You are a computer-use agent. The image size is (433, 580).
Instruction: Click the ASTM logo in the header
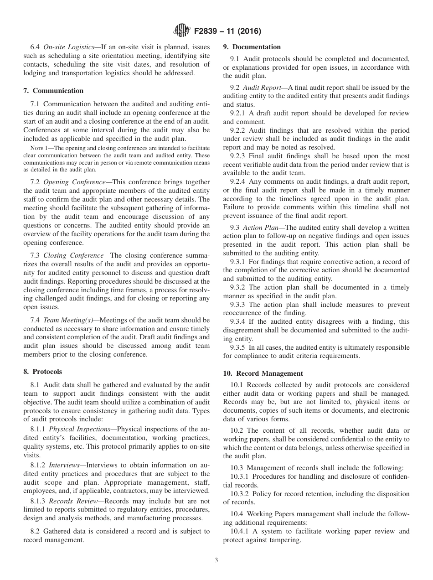pyautogui.click(x=182, y=31)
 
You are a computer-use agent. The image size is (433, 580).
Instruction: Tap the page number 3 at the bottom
pyautogui.click(x=216, y=560)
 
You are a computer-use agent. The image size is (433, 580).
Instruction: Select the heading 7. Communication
pyautogui.click(x=53, y=91)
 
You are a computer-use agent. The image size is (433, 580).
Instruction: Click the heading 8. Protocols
pyautogui.click(x=42, y=372)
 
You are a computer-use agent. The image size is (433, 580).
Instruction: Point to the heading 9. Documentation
pyautogui.click(x=252, y=47)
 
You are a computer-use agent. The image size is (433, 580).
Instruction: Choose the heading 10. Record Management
pyautogui.click(x=263, y=373)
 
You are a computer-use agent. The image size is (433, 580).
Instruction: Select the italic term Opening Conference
pyautogui.click(x=69, y=182)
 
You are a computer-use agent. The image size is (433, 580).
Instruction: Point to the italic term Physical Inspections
pyautogui.click(x=79, y=429)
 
